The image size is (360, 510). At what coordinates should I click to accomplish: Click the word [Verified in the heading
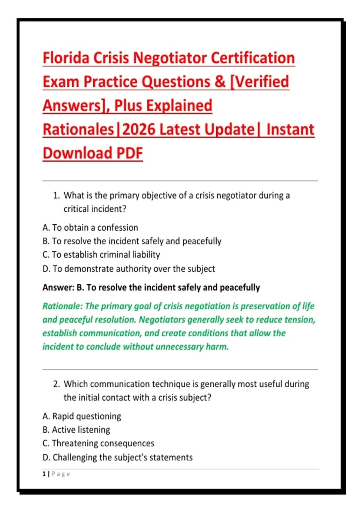[x=259, y=82]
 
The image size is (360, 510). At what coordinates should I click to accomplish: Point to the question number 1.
[x=56, y=196]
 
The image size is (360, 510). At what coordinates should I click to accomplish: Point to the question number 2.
[x=56, y=384]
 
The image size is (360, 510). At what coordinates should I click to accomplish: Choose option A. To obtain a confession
[x=90, y=228]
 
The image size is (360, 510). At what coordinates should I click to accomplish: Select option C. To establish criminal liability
[x=101, y=255]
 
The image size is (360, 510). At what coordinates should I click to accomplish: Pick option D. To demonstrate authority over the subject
[x=129, y=269]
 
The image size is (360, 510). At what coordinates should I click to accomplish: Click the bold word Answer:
[x=58, y=288]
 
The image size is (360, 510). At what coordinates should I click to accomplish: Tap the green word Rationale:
[x=62, y=306]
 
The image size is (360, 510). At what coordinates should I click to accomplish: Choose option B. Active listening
[x=76, y=430]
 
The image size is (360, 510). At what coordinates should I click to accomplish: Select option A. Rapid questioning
[x=82, y=416]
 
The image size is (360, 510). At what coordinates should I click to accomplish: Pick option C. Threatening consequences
[x=98, y=443]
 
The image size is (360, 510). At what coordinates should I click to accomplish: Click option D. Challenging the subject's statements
[x=118, y=457]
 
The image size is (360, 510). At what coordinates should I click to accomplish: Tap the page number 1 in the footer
[x=44, y=474]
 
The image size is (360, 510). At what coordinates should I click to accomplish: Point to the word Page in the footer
[x=61, y=474]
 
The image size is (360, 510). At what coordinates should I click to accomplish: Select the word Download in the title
[x=77, y=153]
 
